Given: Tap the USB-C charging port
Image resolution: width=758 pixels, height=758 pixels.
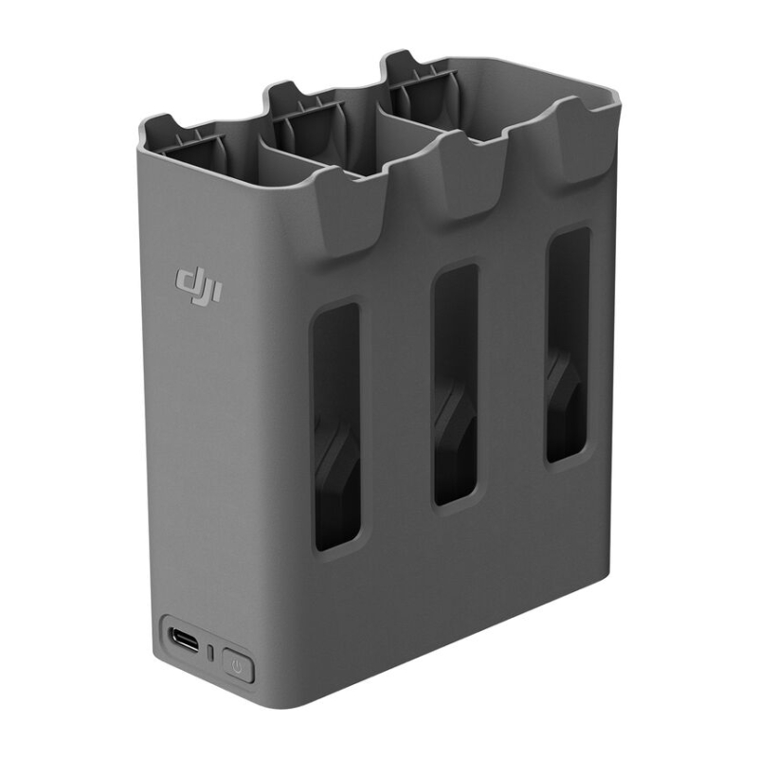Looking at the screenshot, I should [x=185, y=641].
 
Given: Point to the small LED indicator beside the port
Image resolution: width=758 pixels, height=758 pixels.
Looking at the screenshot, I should [x=210, y=654].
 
